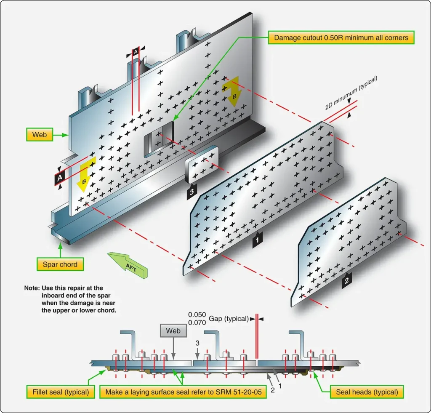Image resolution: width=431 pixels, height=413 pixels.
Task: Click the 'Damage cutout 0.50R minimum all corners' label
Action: (341, 37)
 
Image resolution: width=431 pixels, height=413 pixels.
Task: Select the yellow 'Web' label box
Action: (40, 135)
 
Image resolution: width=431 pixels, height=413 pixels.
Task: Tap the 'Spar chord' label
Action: (60, 264)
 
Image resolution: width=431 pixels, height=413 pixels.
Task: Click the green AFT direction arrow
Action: (128, 265)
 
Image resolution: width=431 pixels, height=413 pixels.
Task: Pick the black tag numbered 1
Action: (257, 240)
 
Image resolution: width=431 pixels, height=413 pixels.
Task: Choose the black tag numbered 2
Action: (347, 280)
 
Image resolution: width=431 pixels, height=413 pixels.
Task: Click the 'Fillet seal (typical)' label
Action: (61, 392)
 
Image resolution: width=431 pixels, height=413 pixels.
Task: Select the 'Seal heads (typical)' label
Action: (367, 392)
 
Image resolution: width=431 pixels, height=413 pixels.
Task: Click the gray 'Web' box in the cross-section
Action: (173, 331)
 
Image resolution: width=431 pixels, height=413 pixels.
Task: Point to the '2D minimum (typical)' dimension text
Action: (351, 93)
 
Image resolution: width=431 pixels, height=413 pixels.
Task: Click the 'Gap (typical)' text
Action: (229, 319)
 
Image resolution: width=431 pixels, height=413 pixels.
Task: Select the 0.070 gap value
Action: (197, 322)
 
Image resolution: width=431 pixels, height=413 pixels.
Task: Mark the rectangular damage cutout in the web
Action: (159, 139)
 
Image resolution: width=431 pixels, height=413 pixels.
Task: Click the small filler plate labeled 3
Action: (202, 165)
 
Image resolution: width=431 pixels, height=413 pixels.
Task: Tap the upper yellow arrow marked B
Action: (232, 91)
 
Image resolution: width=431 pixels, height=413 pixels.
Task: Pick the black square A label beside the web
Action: (60, 178)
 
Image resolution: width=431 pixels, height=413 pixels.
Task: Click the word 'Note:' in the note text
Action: (32, 288)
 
